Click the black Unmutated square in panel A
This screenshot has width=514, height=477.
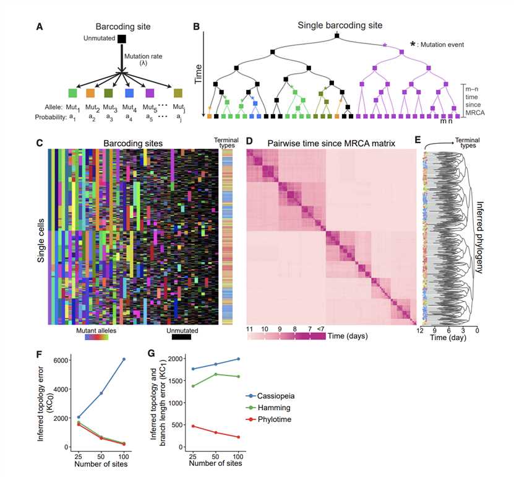(x=122, y=40)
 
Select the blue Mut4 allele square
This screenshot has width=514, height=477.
(x=129, y=93)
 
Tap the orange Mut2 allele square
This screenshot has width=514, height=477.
(x=90, y=93)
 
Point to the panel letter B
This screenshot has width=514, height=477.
(x=196, y=27)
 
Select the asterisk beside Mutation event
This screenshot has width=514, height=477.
(x=413, y=45)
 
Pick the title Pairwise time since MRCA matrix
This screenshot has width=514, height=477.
(x=331, y=143)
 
